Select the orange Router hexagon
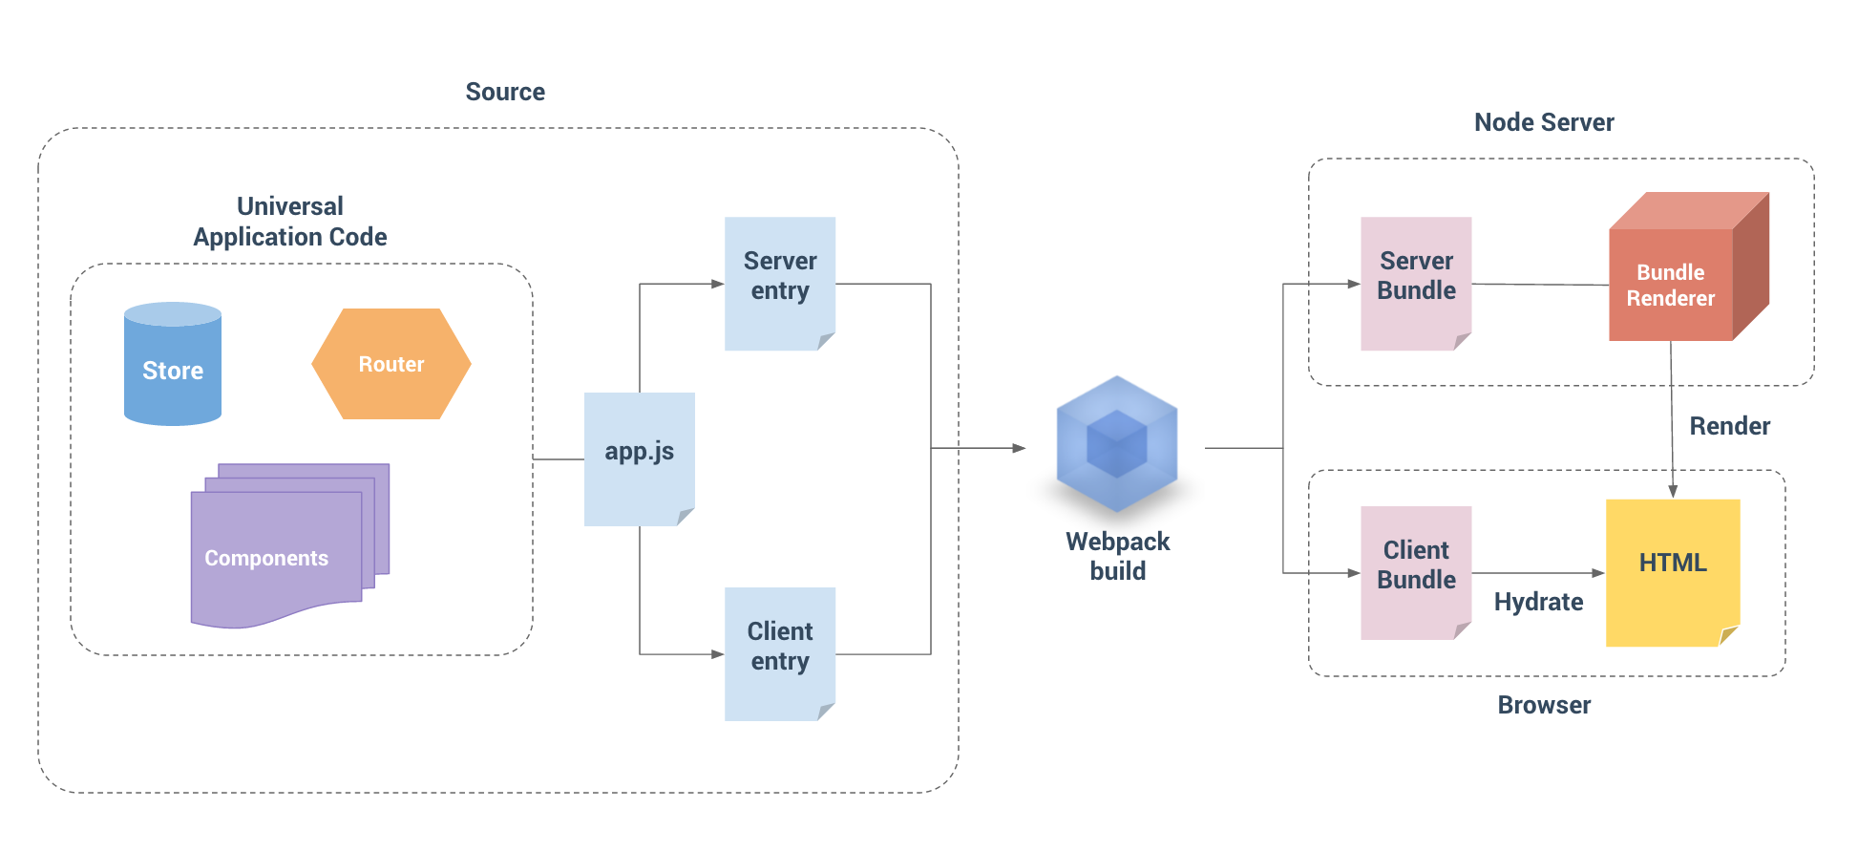point(391,364)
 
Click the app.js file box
point(639,457)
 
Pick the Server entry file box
point(779,282)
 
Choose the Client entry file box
point(779,652)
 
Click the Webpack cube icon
point(1116,444)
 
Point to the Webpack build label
point(1117,556)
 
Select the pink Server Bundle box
point(1416,282)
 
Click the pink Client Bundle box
point(1416,570)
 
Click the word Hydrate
point(1538,602)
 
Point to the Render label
point(1729,426)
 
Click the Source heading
point(505,92)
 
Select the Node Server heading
point(1544,122)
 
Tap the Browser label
point(1544,705)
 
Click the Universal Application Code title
point(290,222)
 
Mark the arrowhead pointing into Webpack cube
point(1019,448)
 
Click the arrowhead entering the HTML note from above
point(1673,491)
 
